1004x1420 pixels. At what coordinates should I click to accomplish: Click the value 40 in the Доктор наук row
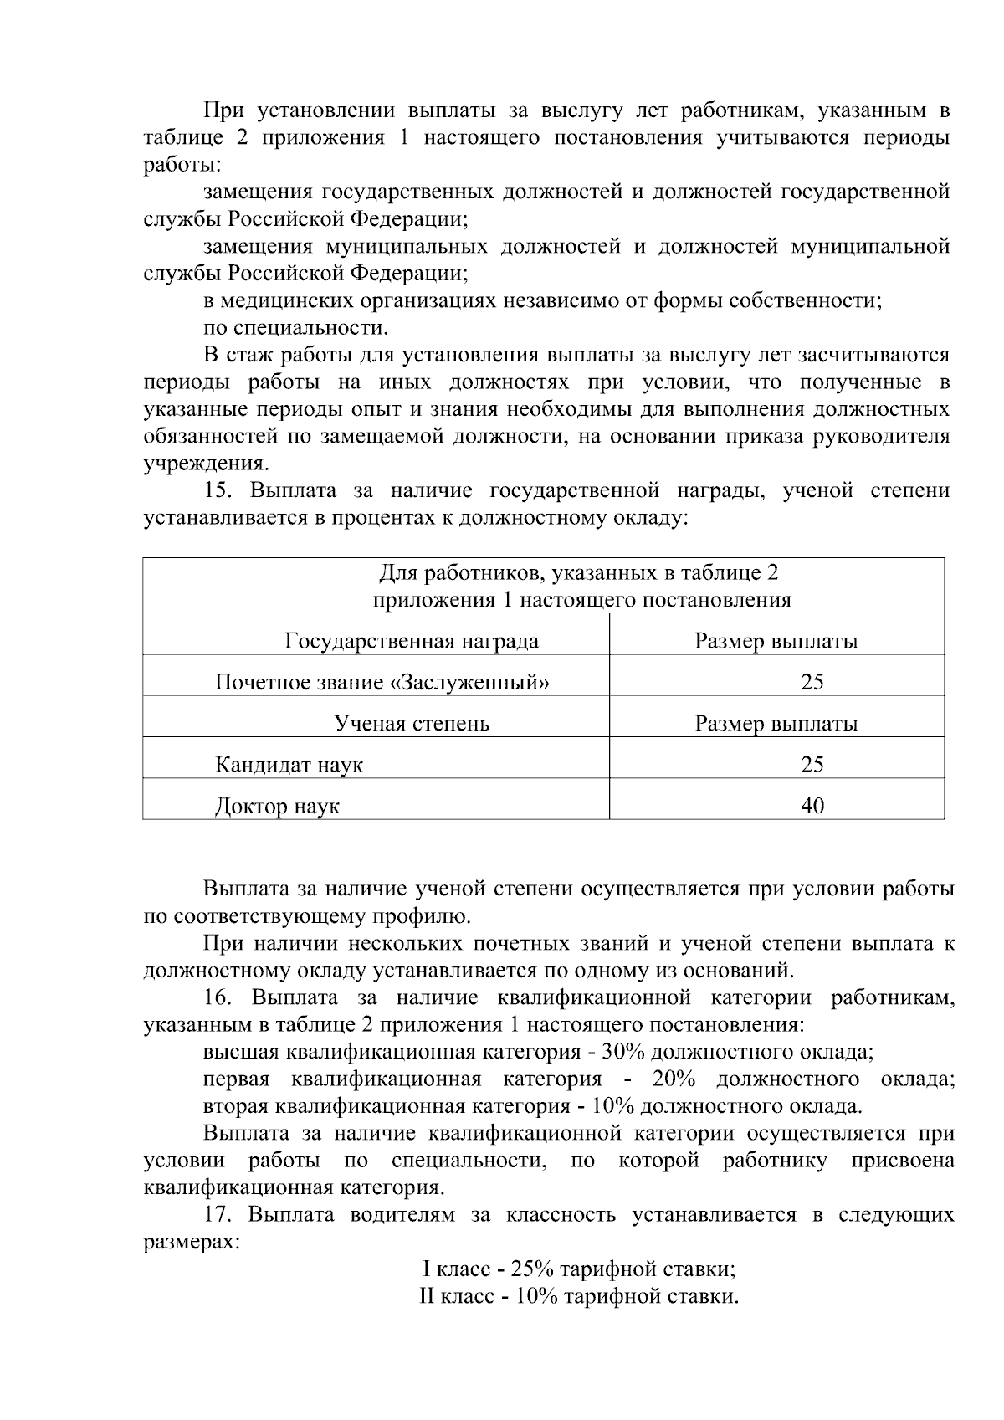[x=812, y=806]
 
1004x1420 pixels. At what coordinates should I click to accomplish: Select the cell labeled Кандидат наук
[x=289, y=765]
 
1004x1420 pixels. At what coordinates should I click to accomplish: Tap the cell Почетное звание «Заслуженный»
[x=382, y=682]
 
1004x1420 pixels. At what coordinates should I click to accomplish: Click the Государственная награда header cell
[x=412, y=642]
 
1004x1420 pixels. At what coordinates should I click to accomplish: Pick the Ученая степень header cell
[x=412, y=723]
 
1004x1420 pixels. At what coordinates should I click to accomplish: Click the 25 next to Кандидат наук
[x=812, y=764]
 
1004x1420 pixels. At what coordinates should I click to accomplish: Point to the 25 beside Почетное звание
[x=812, y=682]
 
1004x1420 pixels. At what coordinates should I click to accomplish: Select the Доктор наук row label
[x=277, y=807]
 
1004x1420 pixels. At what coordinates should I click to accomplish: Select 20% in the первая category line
[x=674, y=1079]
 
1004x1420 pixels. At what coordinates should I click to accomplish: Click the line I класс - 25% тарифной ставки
[x=579, y=1269]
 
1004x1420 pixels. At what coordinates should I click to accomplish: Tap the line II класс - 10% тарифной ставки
[x=579, y=1297]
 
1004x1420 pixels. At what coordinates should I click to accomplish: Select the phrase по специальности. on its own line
[x=295, y=327]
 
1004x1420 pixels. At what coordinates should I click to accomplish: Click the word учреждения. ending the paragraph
[x=206, y=463]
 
